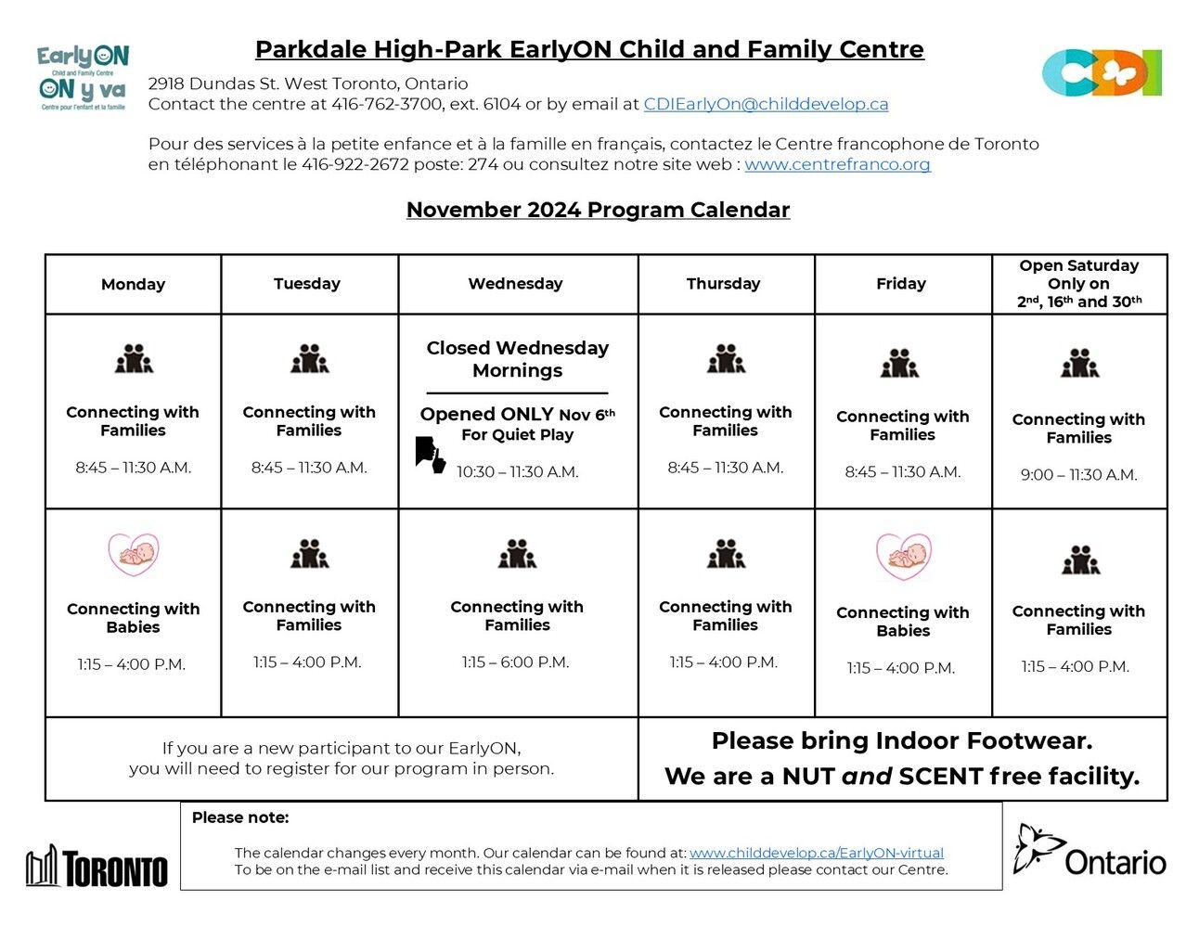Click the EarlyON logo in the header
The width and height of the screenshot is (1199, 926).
83,78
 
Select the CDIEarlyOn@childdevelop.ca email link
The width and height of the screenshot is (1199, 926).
766,104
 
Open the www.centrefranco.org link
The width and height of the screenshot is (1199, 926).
837,164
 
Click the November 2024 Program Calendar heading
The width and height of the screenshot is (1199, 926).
598,210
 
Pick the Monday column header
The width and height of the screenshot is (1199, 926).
133,284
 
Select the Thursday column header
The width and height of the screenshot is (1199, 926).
723,284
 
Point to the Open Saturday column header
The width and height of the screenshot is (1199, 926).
1079,283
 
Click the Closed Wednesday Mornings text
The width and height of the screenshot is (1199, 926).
517,359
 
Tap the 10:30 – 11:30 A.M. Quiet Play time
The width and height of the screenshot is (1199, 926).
517,472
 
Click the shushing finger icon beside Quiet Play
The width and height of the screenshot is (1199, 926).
430,455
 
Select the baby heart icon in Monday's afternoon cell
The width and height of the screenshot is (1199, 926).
134,554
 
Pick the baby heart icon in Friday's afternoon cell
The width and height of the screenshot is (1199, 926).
903,556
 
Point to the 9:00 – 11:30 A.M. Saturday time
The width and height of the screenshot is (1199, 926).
1078,475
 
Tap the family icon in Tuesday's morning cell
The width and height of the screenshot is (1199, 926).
309,359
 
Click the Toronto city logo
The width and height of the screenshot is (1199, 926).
97,867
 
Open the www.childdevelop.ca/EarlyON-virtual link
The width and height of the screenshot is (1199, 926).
816,853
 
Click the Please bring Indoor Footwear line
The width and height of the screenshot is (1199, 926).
901,741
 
